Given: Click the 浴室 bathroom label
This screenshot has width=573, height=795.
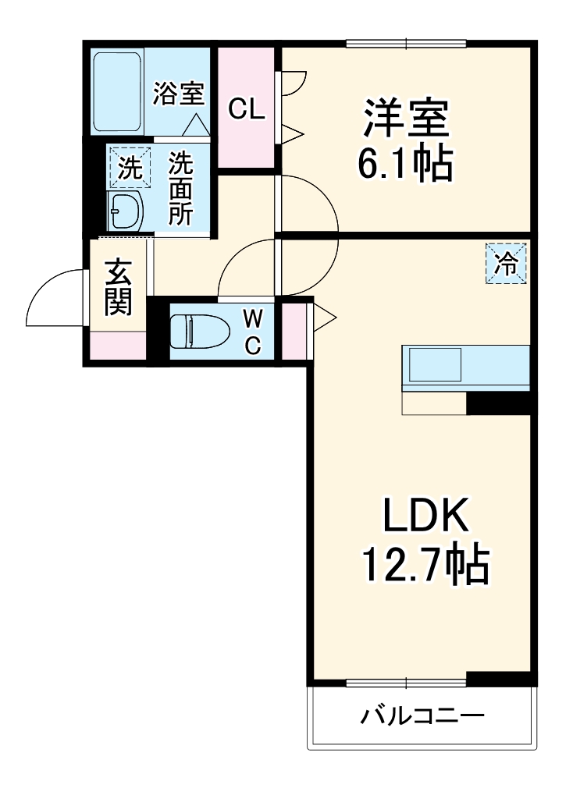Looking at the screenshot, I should [x=179, y=94].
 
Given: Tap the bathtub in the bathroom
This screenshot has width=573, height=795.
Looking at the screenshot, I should [x=118, y=91].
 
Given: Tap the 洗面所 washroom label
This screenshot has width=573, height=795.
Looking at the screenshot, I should [x=181, y=188].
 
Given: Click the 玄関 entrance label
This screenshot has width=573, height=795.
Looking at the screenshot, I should [x=118, y=288].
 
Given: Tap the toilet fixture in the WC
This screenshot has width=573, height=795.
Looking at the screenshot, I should [x=198, y=332].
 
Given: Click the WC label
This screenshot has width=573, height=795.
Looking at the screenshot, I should [x=252, y=332].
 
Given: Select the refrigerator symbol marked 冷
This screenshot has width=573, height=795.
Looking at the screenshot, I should [x=506, y=263].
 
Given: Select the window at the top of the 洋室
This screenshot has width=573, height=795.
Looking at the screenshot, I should [x=406, y=43].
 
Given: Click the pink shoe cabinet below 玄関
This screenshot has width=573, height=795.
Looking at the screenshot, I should [x=118, y=344].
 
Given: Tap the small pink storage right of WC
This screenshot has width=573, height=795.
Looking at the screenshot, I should [x=294, y=332].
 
